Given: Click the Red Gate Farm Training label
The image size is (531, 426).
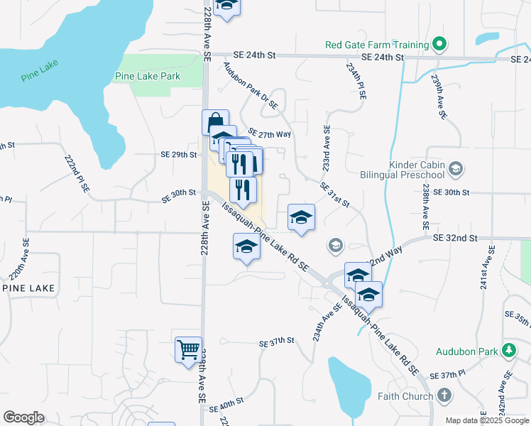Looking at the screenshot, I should [377, 45].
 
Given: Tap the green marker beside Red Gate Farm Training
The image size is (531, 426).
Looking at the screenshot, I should [439, 45].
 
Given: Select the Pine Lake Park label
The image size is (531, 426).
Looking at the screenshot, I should [148, 76].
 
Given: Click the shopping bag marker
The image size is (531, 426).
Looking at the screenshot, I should [214, 122].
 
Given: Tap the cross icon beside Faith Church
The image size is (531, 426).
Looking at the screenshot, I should [444, 395].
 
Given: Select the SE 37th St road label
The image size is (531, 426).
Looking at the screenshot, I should [276, 342].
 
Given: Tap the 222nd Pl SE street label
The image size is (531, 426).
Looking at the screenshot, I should [77, 174].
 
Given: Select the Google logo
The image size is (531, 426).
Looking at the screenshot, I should [24, 417].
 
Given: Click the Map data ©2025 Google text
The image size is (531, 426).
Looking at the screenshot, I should [486, 420].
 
